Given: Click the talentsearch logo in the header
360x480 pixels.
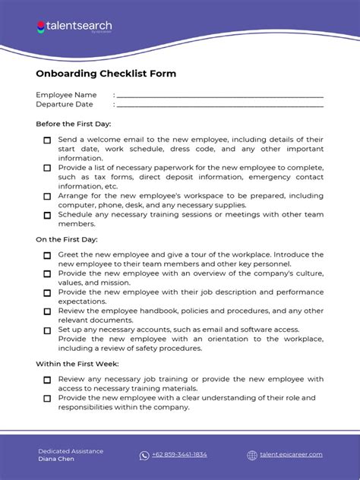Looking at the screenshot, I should pos(74,27).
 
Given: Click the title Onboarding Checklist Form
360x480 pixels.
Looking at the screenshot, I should pos(106,74).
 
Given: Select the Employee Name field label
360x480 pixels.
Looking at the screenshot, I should pos(66,95).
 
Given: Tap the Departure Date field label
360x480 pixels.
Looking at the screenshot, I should pos(65,105).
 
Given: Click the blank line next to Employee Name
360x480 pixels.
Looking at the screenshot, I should pos(219,96).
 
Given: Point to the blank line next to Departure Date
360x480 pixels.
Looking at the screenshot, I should pos(219,106).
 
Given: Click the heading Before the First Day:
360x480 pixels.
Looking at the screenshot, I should pos(74,123).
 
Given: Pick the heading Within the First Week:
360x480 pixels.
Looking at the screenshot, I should pos(77,364).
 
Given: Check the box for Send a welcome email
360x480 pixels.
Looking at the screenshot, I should pos(47,141).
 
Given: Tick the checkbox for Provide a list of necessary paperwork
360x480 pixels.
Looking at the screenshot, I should pos(47,168).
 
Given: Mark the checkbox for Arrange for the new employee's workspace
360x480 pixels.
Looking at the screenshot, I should pos(47,196).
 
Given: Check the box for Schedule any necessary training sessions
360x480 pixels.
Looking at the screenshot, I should pos(47,215).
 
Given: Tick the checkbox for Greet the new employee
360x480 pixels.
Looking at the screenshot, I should pos(47,256).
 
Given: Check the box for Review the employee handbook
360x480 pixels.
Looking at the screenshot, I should pos(47,311).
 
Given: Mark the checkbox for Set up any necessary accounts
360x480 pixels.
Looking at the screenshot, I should pos(47,330).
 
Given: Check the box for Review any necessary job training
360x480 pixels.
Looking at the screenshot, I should pos(47,380).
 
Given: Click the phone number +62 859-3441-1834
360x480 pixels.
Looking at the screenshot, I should pos(179,455).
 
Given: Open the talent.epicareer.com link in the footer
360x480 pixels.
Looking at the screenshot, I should pos(291,455).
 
